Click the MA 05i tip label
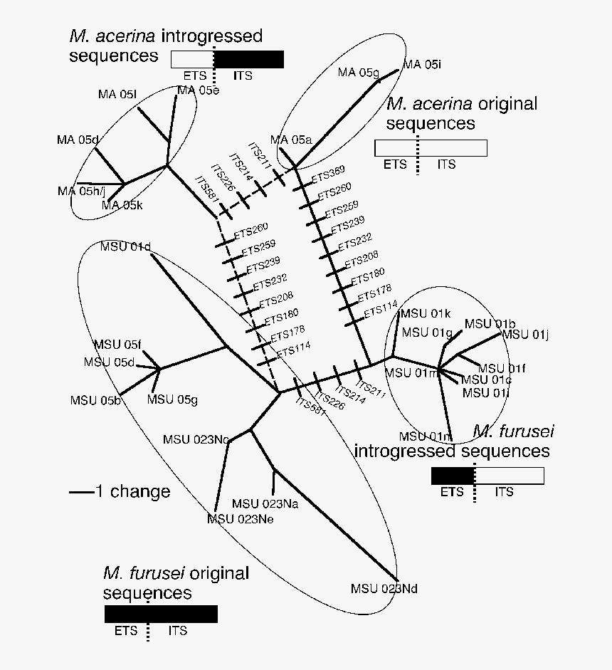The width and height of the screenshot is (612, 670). (423, 65)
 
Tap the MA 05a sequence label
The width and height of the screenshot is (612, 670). (291, 140)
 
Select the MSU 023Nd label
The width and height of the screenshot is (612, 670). (384, 589)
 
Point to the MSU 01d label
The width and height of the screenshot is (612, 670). (126, 247)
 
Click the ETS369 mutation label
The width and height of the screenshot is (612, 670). (328, 172)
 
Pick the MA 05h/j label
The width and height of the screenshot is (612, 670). (81, 191)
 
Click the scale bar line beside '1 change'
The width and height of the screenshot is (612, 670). (81, 492)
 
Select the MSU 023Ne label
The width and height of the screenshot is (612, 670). (240, 519)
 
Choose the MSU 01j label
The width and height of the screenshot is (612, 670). (525, 335)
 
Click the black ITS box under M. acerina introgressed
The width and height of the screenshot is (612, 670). (249, 59)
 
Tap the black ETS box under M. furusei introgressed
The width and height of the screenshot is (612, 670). (453, 476)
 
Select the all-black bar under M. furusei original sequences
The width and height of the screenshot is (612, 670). (161, 614)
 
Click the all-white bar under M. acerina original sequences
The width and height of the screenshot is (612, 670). (431, 148)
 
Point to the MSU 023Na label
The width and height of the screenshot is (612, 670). (264, 504)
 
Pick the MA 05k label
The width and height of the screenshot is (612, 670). (122, 206)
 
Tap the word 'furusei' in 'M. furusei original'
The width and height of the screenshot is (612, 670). (154, 573)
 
